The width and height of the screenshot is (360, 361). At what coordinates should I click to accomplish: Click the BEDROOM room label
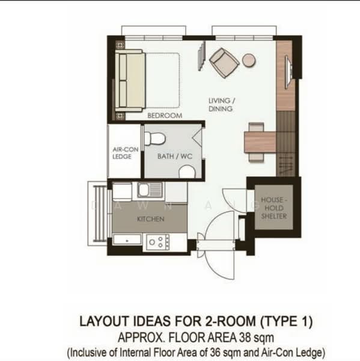(165, 116)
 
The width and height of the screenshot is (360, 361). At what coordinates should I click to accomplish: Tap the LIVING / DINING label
(221, 105)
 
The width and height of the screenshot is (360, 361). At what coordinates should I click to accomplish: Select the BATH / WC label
(175, 156)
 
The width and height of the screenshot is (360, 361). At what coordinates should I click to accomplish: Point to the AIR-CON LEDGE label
(125, 153)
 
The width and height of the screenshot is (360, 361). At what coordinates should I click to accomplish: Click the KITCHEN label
(151, 219)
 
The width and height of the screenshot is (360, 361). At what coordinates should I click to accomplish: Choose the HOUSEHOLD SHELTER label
(273, 208)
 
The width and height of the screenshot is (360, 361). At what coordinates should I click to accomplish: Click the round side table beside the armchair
(249, 60)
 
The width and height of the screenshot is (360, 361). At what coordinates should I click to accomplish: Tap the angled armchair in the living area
(224, 63)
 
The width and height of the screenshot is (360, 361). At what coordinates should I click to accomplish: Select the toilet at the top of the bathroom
(154, 138)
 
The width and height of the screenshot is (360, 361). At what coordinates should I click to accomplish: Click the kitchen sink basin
(144, 190)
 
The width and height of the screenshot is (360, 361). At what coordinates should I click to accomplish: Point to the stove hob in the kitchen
(158, 242)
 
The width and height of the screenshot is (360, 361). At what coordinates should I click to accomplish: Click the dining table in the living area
(260, 142)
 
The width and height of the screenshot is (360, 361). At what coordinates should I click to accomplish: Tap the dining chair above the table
(256, 127)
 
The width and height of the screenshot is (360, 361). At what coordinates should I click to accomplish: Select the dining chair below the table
(256, 157)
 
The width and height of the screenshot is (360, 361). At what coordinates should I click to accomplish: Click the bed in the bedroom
(147, 81)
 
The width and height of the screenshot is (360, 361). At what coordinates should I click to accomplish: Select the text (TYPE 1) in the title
(286, 321)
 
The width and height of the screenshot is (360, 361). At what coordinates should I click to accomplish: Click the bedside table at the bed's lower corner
(120, 116)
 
